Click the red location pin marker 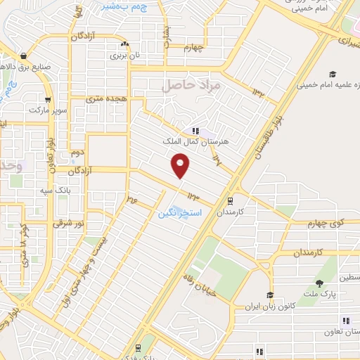point(181,167)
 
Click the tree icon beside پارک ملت point(319,283)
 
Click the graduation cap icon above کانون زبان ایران point(269,295)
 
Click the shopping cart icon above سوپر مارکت point(48,100)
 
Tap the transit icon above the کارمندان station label point(230,201)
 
